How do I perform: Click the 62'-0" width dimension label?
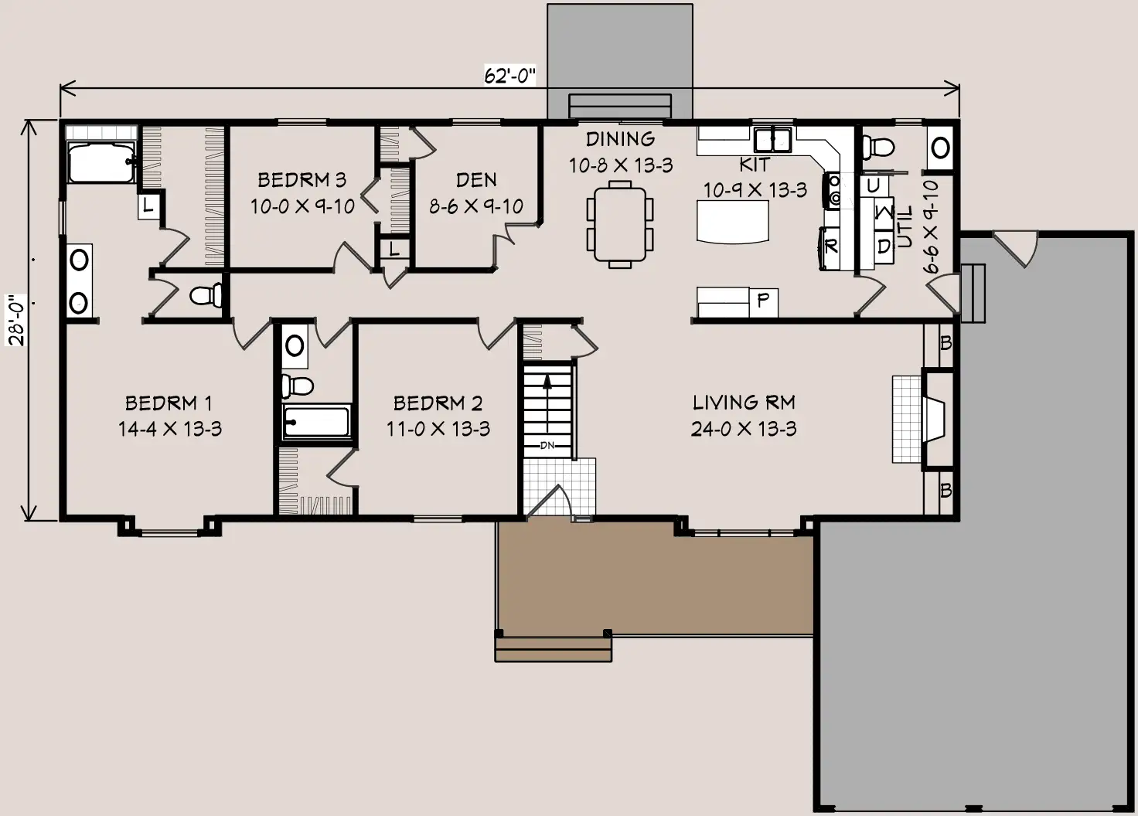click(509, 76)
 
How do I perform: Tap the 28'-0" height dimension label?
click(17, 320)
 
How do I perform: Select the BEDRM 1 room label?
click(169, 403)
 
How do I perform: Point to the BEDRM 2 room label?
click(438, 403)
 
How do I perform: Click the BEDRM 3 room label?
click(302, 180)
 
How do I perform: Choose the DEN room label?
click(476, 180)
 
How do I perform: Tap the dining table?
click(620, 224)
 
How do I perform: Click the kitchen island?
click(733, 222)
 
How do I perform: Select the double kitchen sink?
click(772, 139)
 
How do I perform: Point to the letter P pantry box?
click(763, 303)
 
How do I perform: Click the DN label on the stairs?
click(547, 445)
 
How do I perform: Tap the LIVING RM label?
click(744, 403)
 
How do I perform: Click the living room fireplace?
click(936, 420)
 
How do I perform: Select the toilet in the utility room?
click(878, 148)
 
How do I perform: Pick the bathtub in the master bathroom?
click(101, 162)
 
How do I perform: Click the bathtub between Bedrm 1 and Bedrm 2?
click(316, 421)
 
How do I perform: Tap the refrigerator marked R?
click(830, 248)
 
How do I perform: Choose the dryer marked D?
click(884, 246)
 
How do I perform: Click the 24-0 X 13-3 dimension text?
click(744, 429)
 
